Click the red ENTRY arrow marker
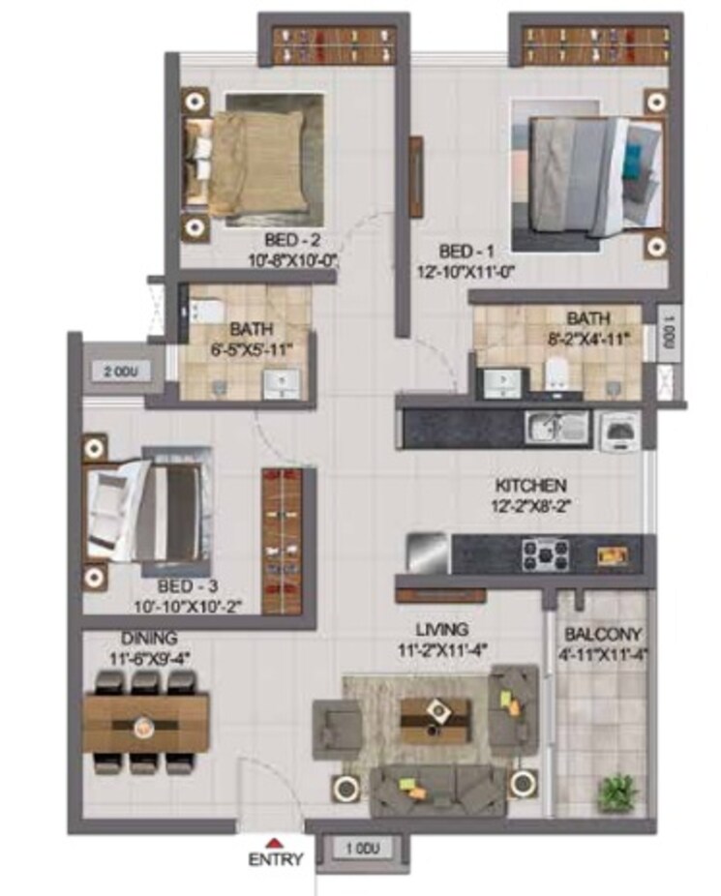coord(276,842)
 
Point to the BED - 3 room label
coord(189,586)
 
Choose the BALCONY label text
coord(600,635)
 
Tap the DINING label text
coord(149,639)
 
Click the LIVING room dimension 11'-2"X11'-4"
coord(442,649)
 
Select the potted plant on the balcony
coord(615,792)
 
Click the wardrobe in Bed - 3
coord(283,539)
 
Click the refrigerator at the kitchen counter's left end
coord(427,553)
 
